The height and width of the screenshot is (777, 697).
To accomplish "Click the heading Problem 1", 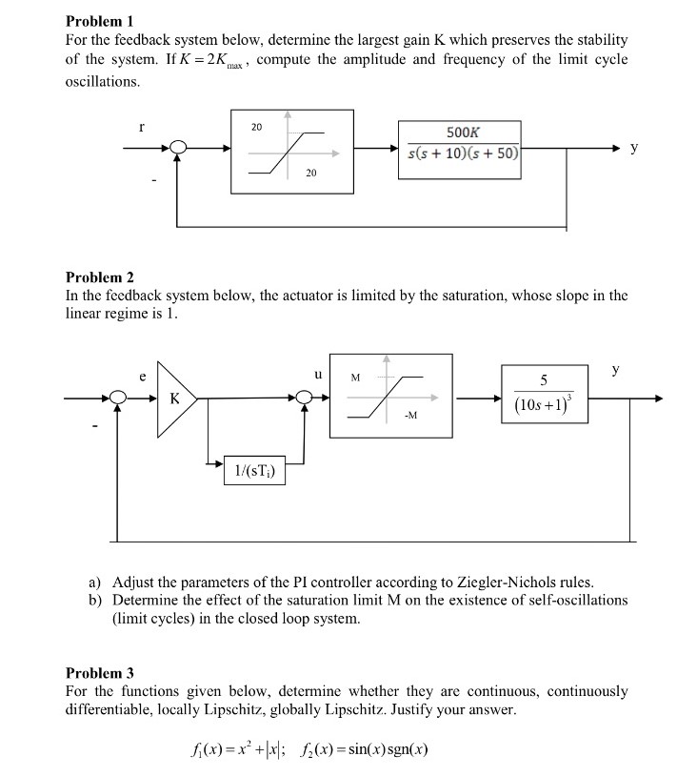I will [x=100, y=21].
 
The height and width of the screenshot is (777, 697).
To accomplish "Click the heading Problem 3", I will [x=100, y=673].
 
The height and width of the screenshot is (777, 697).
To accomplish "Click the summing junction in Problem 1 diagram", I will [x=178, y=148].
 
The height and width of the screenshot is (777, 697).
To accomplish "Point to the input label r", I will [x=141, y=124].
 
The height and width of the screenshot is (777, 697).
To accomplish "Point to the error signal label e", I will [x=142, y=378].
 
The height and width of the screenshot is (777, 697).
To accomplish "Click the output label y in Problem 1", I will [x=634, y=148].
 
